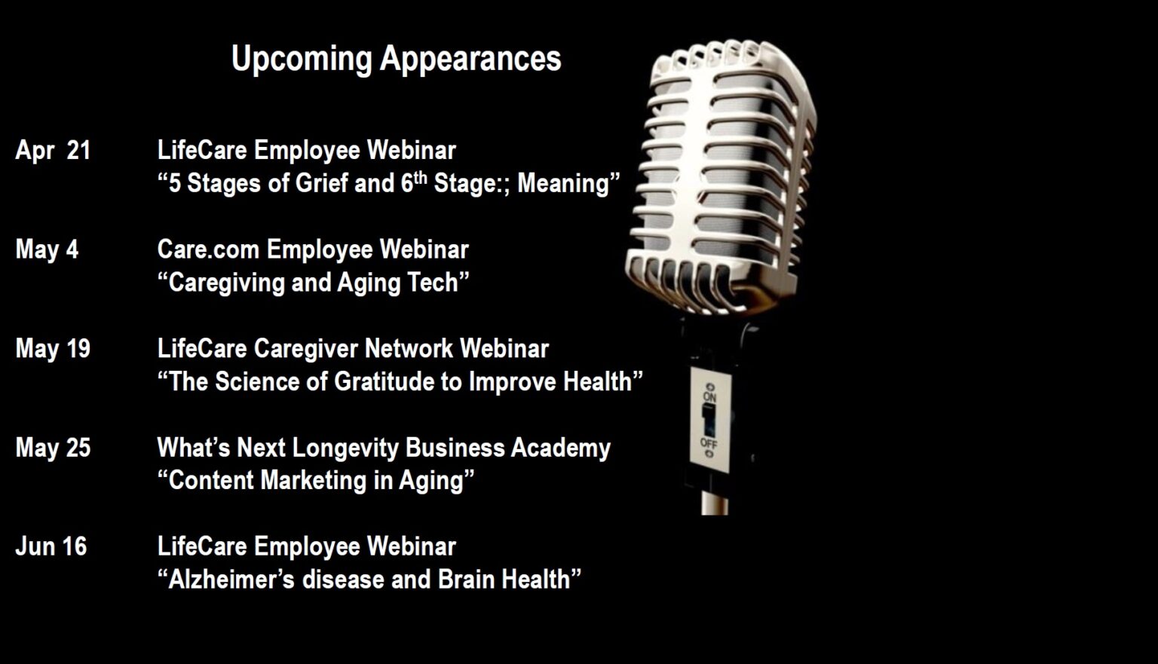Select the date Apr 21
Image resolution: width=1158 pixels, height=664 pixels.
coord(53,151)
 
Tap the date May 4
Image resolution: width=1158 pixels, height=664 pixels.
coord(47,249)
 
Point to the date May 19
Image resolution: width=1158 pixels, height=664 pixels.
coord(53,349)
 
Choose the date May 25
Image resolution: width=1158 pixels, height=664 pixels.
coord(53,448)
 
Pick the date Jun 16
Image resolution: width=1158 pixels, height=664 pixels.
coord(51,546)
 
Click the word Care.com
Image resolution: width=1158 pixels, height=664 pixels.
coord(208,249)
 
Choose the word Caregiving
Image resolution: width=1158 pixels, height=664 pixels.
coord(226,283)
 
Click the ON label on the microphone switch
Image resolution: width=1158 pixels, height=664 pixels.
coord(709,397)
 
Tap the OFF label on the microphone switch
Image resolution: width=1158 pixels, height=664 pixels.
coord(709,443)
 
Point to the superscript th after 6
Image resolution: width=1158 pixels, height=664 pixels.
coord(421,177)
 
